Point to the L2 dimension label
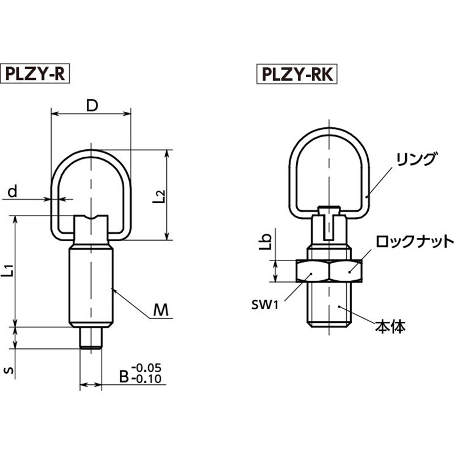tap(160, 195)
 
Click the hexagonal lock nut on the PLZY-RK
tap(329, 271)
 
